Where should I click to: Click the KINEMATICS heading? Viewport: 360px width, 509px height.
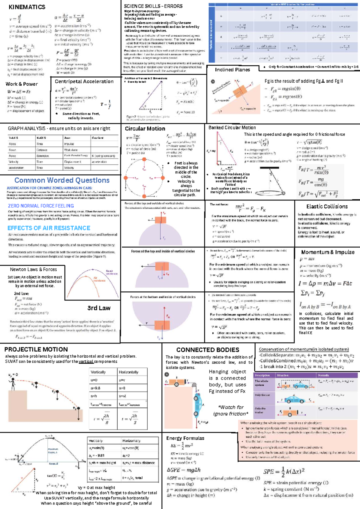point(27,7)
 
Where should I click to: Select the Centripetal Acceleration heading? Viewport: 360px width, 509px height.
point(84,82)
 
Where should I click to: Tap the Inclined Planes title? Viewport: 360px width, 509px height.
point(232,70)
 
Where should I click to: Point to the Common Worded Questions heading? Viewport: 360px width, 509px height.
point(62,180)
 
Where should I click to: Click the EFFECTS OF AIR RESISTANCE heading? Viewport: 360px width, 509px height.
point(49,228)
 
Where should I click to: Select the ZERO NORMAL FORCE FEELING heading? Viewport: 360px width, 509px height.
point(41,206)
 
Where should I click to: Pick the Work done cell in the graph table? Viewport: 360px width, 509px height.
point(71,150)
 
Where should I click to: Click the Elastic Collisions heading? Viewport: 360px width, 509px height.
point(327,207)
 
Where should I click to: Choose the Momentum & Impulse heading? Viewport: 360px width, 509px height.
point(328,252)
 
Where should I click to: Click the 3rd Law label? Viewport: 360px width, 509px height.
point(99,308)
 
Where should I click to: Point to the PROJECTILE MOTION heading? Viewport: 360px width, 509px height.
point(36,349)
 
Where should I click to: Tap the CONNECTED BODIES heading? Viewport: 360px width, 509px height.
point(208,350)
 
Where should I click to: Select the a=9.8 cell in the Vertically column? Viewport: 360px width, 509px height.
point(95,388)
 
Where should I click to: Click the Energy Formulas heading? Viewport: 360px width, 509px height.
point(185,438)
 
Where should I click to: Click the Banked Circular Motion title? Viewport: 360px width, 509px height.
point(232,127)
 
